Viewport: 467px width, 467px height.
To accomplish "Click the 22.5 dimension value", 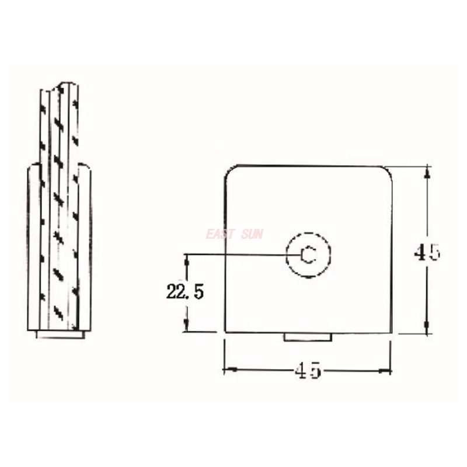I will tap(184, 292).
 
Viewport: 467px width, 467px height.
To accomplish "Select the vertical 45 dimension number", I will tap(427, 252).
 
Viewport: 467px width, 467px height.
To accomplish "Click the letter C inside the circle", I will tap(308, 255).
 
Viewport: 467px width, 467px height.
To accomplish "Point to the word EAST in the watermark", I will tap(220, 234).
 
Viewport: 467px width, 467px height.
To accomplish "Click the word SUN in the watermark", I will tap(252, 234).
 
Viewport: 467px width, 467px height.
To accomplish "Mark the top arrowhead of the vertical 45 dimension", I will tap(428, 170).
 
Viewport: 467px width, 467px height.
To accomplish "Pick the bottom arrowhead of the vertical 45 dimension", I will tap(428, 329).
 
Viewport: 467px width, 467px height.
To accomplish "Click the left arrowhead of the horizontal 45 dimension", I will tap(229, 370).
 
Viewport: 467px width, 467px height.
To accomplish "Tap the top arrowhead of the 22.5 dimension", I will tap(187, 258).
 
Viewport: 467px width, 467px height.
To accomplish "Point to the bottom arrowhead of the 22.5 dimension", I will tap(187, 327).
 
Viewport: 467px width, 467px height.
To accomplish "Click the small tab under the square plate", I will tap(308, 337).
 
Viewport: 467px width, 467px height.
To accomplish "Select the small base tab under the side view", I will tap(60, 334).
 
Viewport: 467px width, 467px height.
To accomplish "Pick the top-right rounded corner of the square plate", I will tap(386, 170).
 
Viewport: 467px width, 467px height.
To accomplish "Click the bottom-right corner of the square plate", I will tap(390, 333).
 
